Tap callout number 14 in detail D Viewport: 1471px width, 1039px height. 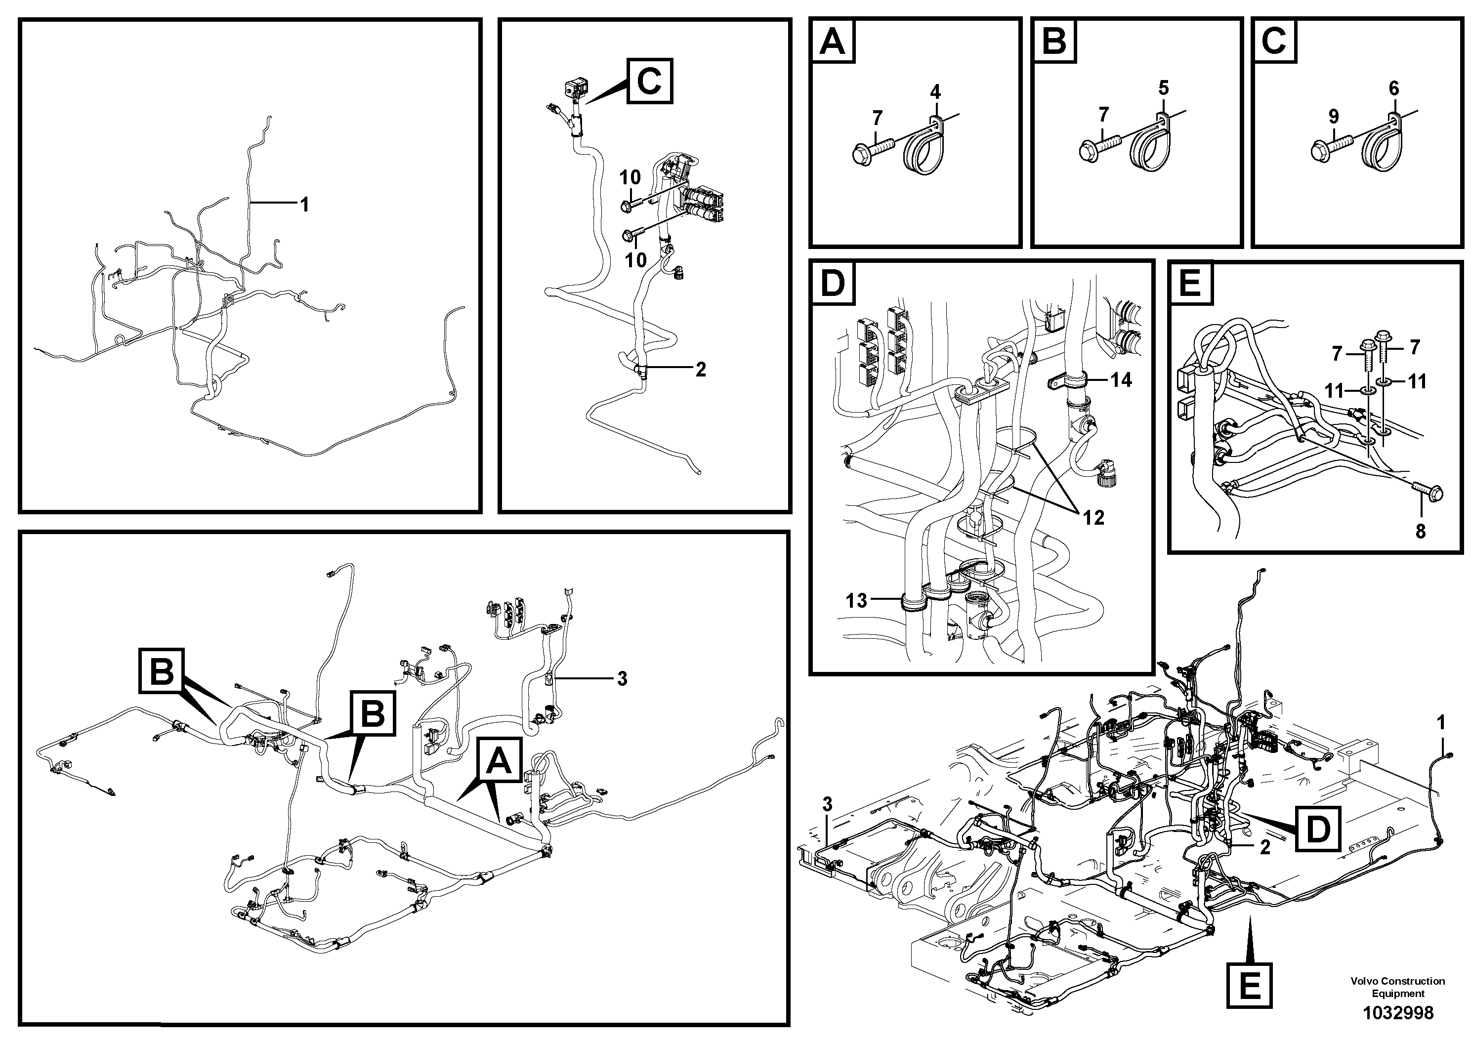tap(1121, 380)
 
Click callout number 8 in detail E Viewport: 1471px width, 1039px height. tap(1421, 532)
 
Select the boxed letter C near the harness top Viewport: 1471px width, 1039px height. tap(650, 82)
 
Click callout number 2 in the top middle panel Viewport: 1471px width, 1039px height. tap(700, 369)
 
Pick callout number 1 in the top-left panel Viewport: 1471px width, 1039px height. tap(305, 205)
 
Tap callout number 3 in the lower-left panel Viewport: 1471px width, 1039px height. tap(622, 678)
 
